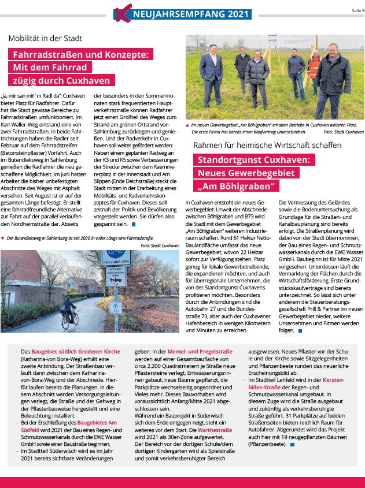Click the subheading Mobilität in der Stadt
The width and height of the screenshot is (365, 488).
pyautogui.click(x=45, y=39)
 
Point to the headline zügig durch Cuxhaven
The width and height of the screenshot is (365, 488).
pyautogui.click(x=64, y=80)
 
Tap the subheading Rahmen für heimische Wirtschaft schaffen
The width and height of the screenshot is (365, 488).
pyautogui.click(x=268, y=146)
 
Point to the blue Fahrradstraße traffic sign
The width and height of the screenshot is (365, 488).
pyautogui.click(x=116, y=256)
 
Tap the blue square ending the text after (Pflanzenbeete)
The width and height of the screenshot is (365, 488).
pyautogui.click(x=292, y=444)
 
